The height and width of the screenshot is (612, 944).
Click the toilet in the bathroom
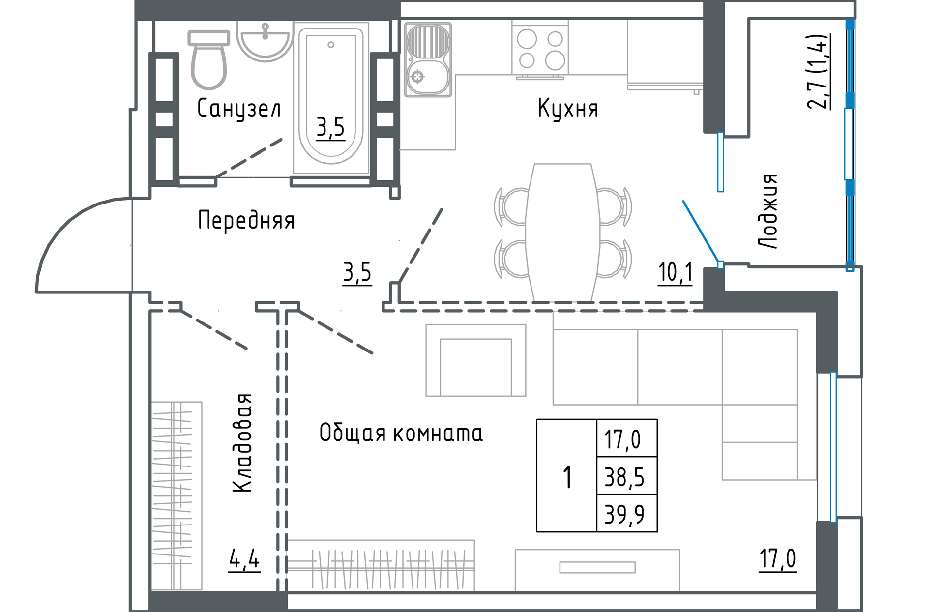pyautogui.click(x=209, y=61)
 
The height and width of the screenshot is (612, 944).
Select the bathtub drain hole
pyautogui.click(x=331, y=45)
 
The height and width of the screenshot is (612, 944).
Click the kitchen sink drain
pyautogui.click(x=417, y=77)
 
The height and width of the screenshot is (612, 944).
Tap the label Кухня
pyautogui.click(x=568, y=108)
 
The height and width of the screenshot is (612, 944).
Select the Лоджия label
pyautogui.click(x=767, y=211)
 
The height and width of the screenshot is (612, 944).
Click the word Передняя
pyautogui.click(x=246, y=220)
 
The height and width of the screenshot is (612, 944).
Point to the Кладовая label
pyautogui.click(x=242, y=442)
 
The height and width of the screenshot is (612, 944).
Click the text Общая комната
pyautogui.click(x=401, y=433)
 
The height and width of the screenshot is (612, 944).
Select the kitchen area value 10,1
pyautogui.click(x=676, y=273)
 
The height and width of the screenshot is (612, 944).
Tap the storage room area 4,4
pyautogui.click(x=244, y=559)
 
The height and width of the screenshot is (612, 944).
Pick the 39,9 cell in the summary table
pyautogui.click(x=624, y=514)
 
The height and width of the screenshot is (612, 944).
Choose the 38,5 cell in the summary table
pyautogui.click(x=624, y=477)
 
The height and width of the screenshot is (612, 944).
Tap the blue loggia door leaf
pyautogui.click(x=701, y=231)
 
